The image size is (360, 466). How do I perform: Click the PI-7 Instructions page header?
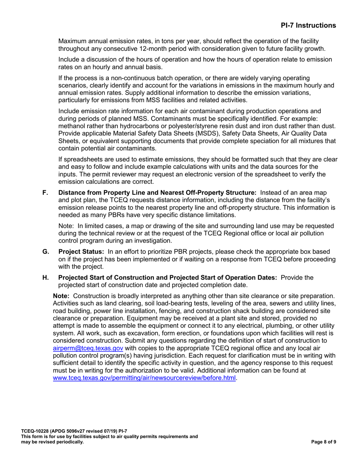tap(308, 25)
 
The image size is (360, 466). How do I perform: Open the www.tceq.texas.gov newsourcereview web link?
tap(144, 377)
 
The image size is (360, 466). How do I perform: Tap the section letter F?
tap(45, 193)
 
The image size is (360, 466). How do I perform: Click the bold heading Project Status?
tap(81, 252)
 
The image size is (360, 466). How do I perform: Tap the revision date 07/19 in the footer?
tap(105, 431)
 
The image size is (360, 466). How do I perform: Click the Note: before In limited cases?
tap(67, 226)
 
